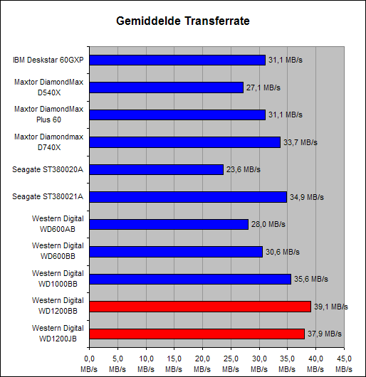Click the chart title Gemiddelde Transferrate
(183, 21)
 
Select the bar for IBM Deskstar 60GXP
(177, 60)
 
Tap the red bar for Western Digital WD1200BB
(200, 307)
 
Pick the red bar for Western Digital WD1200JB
(197, 334)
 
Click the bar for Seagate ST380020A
(157, 169)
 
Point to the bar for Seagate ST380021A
(188, 197)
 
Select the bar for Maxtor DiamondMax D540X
(167, 87)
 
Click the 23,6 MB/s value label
(244, 170)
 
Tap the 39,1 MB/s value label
(331, 307)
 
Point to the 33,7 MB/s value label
(300, 142)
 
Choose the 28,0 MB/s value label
(268, 224)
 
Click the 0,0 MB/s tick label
(89, 364)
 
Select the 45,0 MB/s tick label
(344, 364)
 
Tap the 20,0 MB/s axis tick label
(202, 364)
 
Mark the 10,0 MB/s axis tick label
(146, 364)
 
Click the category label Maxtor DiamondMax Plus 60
(49, 115)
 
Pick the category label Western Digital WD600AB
(58, 224)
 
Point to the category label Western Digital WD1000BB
(58, 279)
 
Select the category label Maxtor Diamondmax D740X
(49, 142)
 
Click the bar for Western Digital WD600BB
(176, 252)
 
